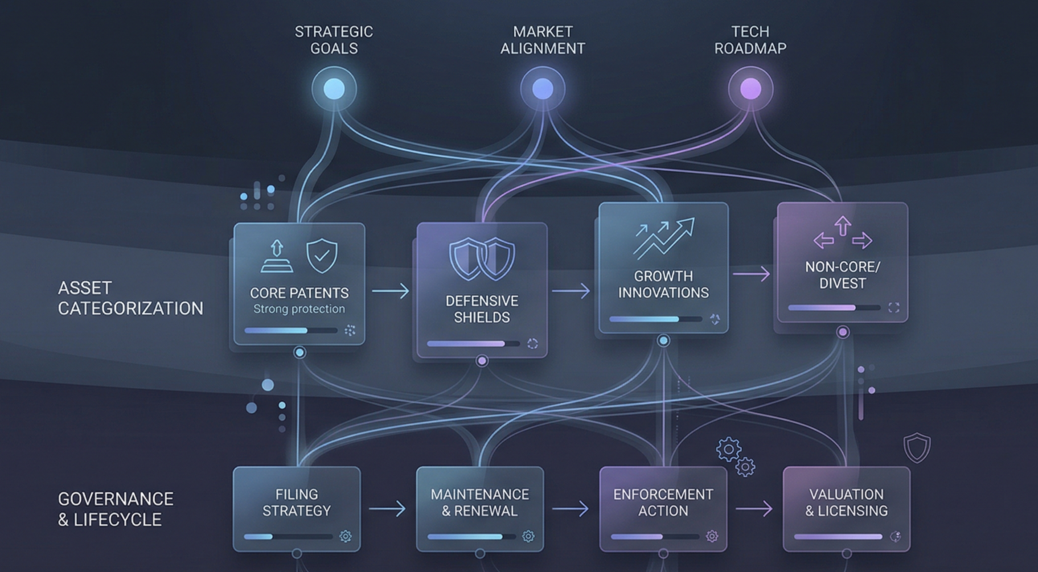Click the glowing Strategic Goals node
click(334, 89)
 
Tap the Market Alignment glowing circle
click(542, 89)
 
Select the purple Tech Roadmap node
click(750, 89)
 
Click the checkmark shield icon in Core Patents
click(322, 256)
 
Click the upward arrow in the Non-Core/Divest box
click(843, 225)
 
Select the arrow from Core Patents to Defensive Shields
click(391, 291)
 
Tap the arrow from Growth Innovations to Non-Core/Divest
click(751, 274)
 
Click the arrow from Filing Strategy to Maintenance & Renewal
click(387, 508)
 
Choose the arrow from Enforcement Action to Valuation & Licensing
click(754, 508)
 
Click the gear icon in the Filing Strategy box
click(346, 536)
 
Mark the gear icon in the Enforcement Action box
click(712, 536)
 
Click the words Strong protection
click(299, 309)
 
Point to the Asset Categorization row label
click(130, 298)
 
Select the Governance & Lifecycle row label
click(116, 509)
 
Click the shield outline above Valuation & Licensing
click(917, 447)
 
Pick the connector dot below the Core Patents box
click(299, 352)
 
